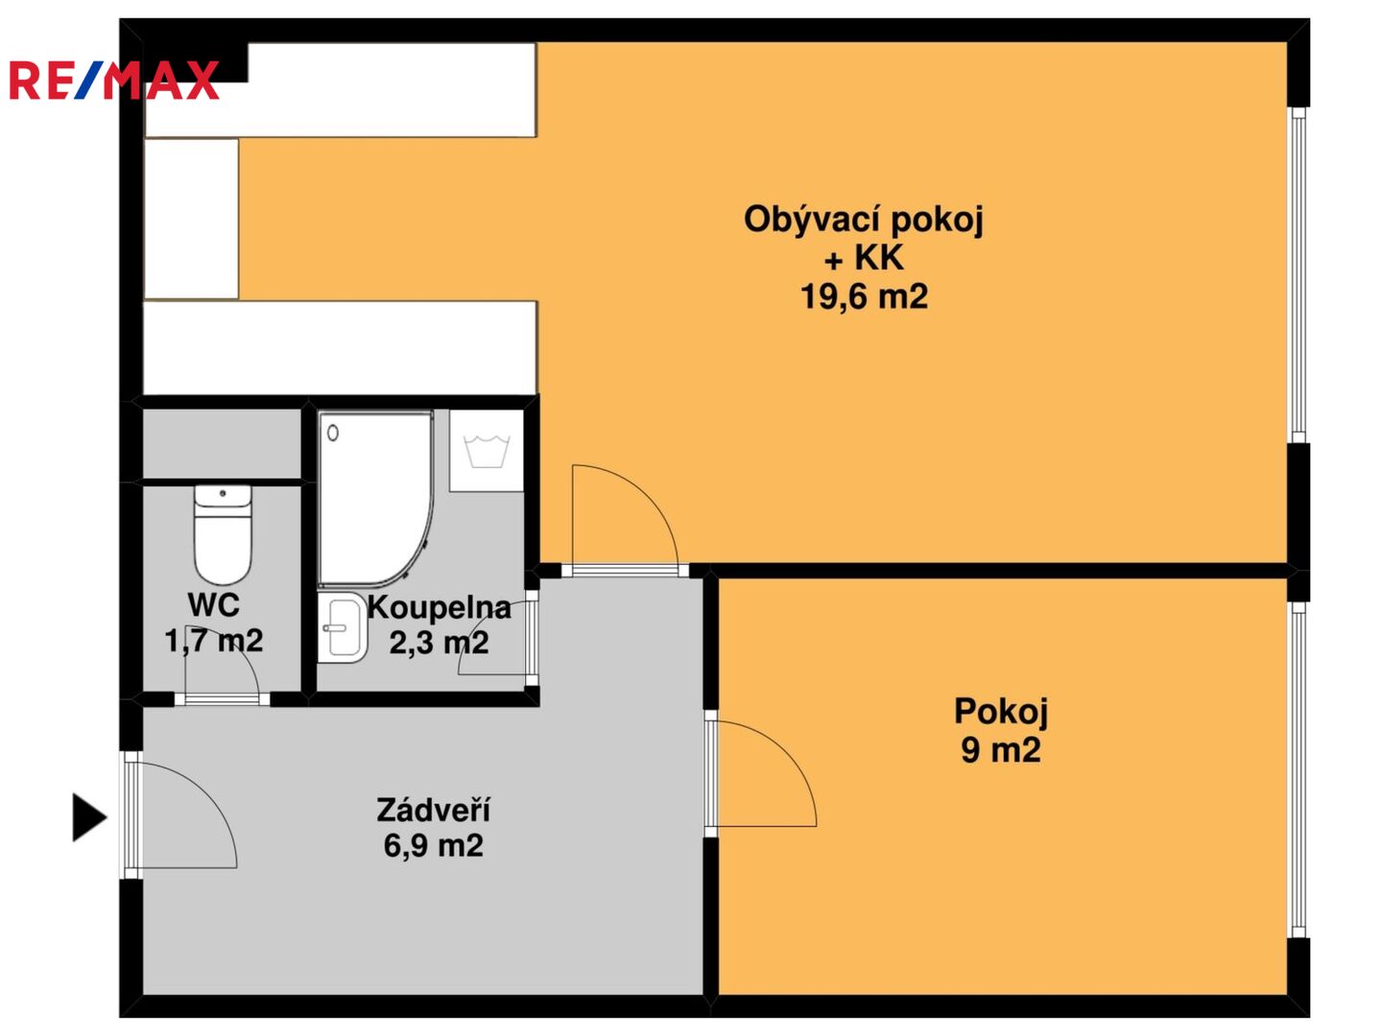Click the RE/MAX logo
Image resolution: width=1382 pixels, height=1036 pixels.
(x=114, y=80)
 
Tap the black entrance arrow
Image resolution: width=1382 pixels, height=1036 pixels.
(x=90, y=817)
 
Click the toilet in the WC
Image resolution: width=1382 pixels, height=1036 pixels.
(x=223, y=534)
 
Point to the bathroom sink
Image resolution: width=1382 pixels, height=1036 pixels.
(x=342, y=627)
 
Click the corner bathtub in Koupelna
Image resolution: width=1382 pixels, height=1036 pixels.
(x=375, y=499)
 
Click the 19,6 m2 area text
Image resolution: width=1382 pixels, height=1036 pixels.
(x=864, y=296)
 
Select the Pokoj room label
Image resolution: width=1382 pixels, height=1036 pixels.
(x=1000, y=712)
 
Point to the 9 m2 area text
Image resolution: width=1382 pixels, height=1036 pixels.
(x=1000, y=750)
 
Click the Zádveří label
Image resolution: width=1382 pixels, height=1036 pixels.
(x=433, y=810)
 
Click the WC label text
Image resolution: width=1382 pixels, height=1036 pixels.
(x=213, y=604)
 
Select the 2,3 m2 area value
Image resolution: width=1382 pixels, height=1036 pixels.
(x=439, y=643)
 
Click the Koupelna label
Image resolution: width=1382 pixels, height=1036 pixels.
(x=439, y=607)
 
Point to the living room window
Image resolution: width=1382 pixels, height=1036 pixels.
(x=1299, y=275)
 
